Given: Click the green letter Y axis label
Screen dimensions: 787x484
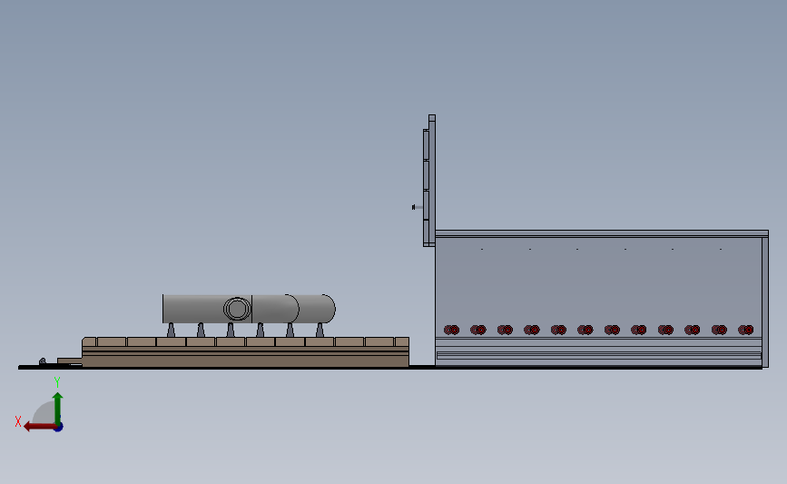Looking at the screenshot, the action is pyautogui.click(x=57, y=382).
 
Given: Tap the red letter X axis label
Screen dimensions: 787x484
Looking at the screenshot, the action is pyautogui.click(x=17, y=421).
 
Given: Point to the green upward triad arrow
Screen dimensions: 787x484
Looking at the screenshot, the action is pyautogui.click(x=57, y=405).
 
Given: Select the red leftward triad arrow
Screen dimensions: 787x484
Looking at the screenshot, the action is pyautogui.click(x=34, y=426).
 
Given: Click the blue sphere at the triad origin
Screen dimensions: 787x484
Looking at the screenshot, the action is pyautogui.click(x=58, y=426).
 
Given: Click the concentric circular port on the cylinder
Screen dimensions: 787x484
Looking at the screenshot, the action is pyautogui.click(x=236, y=309).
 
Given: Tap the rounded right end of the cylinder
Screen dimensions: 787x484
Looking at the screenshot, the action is pyautogui.click(x=329, y=308).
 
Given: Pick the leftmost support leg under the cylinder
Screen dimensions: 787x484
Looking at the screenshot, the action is pyautogui.click(x=171, y=330).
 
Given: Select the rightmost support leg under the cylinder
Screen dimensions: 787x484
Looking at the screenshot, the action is pyautogui.click(x=320, y=330).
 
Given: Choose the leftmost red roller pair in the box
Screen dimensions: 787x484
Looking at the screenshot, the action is pyautogui.click(x=451, y=330).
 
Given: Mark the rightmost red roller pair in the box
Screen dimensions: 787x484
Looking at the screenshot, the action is pyautogui.click(x=745, y=330).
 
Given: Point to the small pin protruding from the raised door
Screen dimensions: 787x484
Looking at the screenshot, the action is pyautogui.click(x=415, y=207).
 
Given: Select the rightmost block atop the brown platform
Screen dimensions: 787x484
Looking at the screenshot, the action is pyautogui.click(x=401, y=341).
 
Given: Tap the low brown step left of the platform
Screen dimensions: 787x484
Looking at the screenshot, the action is pyautogui.click(x=69, y=361).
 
